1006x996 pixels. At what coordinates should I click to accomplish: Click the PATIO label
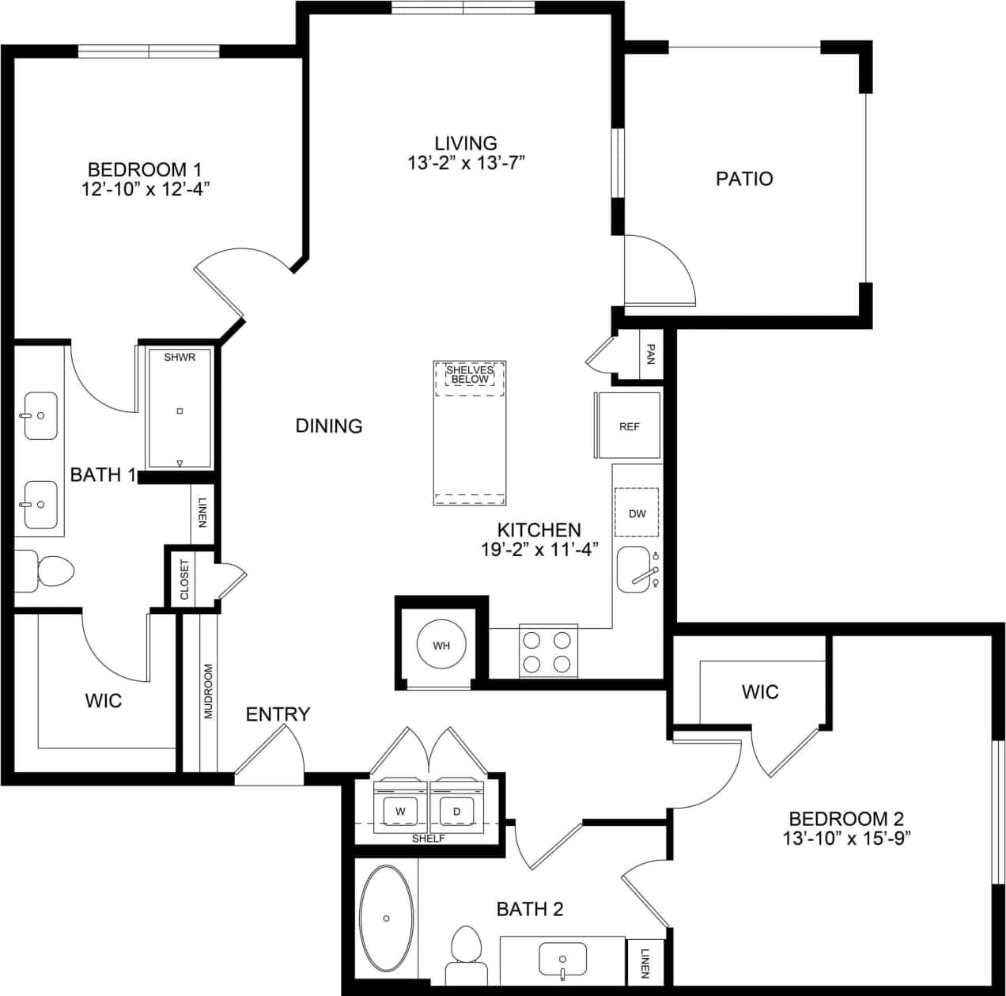744,179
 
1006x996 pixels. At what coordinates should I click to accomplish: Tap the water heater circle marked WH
441,646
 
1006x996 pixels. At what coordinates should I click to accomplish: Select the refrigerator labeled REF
629,426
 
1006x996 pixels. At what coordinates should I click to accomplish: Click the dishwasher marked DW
637,513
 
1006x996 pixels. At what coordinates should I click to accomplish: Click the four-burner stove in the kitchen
547,651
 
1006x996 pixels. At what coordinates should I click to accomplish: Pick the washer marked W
400,811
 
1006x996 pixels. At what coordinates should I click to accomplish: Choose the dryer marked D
456,811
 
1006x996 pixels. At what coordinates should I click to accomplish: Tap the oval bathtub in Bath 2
386,918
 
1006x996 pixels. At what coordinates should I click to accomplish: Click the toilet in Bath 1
47,570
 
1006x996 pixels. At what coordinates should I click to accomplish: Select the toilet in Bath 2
465,953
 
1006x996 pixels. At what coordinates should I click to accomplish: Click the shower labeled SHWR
180,408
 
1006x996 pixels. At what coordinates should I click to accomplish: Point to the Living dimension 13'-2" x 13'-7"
466,164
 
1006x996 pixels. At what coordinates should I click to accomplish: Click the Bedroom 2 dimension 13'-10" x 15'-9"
846,839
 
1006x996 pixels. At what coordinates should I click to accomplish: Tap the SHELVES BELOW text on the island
470,374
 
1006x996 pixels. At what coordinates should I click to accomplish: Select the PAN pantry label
650,354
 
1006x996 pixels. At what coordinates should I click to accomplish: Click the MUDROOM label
209,691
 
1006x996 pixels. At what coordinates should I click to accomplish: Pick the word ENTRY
278,714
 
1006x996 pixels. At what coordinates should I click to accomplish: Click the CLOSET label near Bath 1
185,580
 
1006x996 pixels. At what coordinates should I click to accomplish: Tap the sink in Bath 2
562,960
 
